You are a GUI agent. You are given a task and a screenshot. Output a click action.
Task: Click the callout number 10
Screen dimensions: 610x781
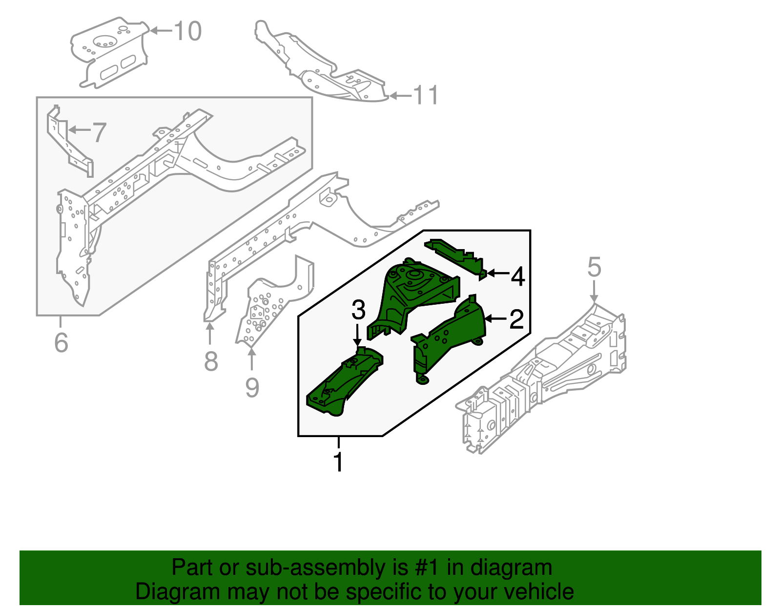pos(187,31)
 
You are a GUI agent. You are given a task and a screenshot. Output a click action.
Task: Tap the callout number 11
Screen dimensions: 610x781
pos(426,95)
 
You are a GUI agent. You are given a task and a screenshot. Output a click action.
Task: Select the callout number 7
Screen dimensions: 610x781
pos(99,132)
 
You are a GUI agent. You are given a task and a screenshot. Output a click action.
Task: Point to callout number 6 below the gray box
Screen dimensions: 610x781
pos(61,342)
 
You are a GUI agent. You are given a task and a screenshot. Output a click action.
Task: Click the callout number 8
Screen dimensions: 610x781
pos(210,362)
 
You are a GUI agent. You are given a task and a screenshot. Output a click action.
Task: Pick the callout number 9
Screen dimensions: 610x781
pos(252,388)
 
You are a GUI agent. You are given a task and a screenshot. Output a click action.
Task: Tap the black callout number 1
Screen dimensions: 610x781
pos(338,462)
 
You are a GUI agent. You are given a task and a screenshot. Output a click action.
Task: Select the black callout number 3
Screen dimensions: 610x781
pos(358,310)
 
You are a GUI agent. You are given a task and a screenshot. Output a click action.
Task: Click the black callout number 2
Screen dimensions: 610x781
pos(516,319)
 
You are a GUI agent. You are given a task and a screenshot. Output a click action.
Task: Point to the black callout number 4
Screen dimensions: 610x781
pos(517,277)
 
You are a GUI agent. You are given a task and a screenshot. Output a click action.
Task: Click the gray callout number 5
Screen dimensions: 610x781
pos(594,268)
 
